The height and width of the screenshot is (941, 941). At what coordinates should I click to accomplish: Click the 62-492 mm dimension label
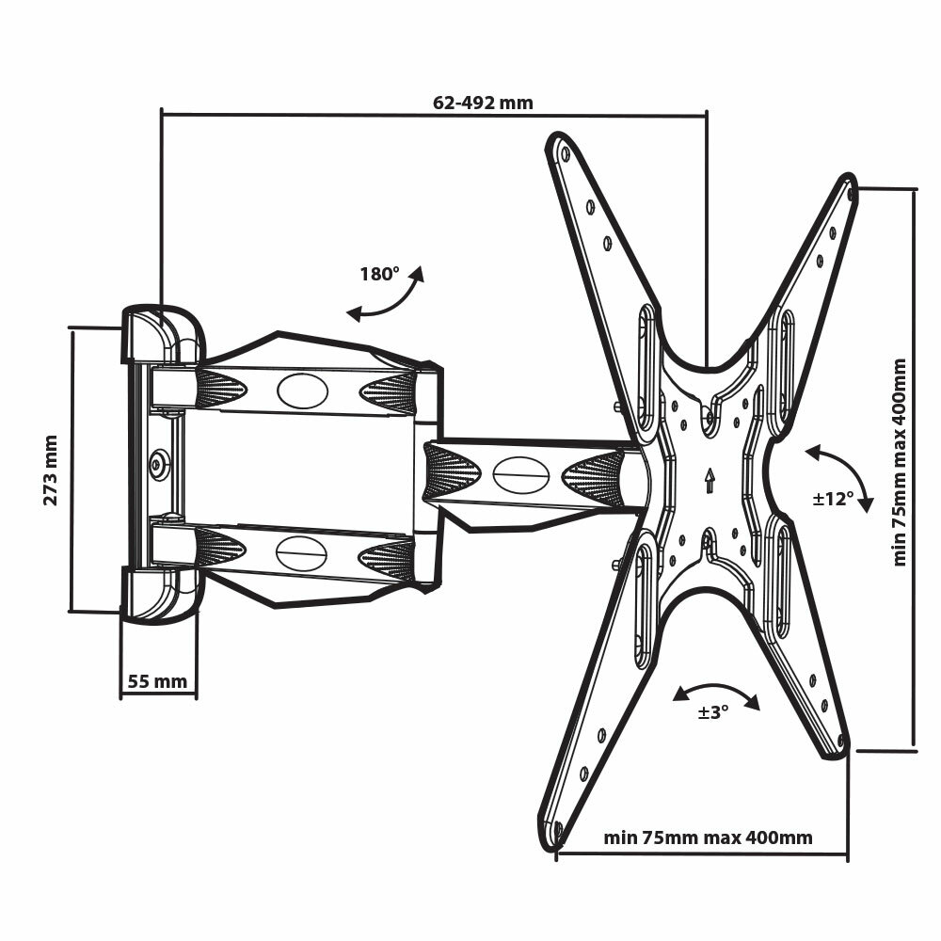(483, 103)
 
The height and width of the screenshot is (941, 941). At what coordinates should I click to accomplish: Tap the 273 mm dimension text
(51, 470)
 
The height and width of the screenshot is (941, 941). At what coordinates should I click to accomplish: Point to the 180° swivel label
(379, 275)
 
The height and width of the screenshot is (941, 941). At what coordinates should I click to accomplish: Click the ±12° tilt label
(833, 498)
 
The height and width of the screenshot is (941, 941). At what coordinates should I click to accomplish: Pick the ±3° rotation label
(713, 712)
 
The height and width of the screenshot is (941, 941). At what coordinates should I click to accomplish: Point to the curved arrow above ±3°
(717, 694)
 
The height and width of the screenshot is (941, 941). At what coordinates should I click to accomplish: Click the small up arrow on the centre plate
(709, 481)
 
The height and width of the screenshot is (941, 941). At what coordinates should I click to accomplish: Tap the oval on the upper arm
(302, 391)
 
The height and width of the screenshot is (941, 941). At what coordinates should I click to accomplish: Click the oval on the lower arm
(301, 552)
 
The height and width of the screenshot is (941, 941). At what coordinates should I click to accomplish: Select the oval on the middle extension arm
(521, 474)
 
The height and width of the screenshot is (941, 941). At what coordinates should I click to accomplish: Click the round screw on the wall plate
(159, 462)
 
